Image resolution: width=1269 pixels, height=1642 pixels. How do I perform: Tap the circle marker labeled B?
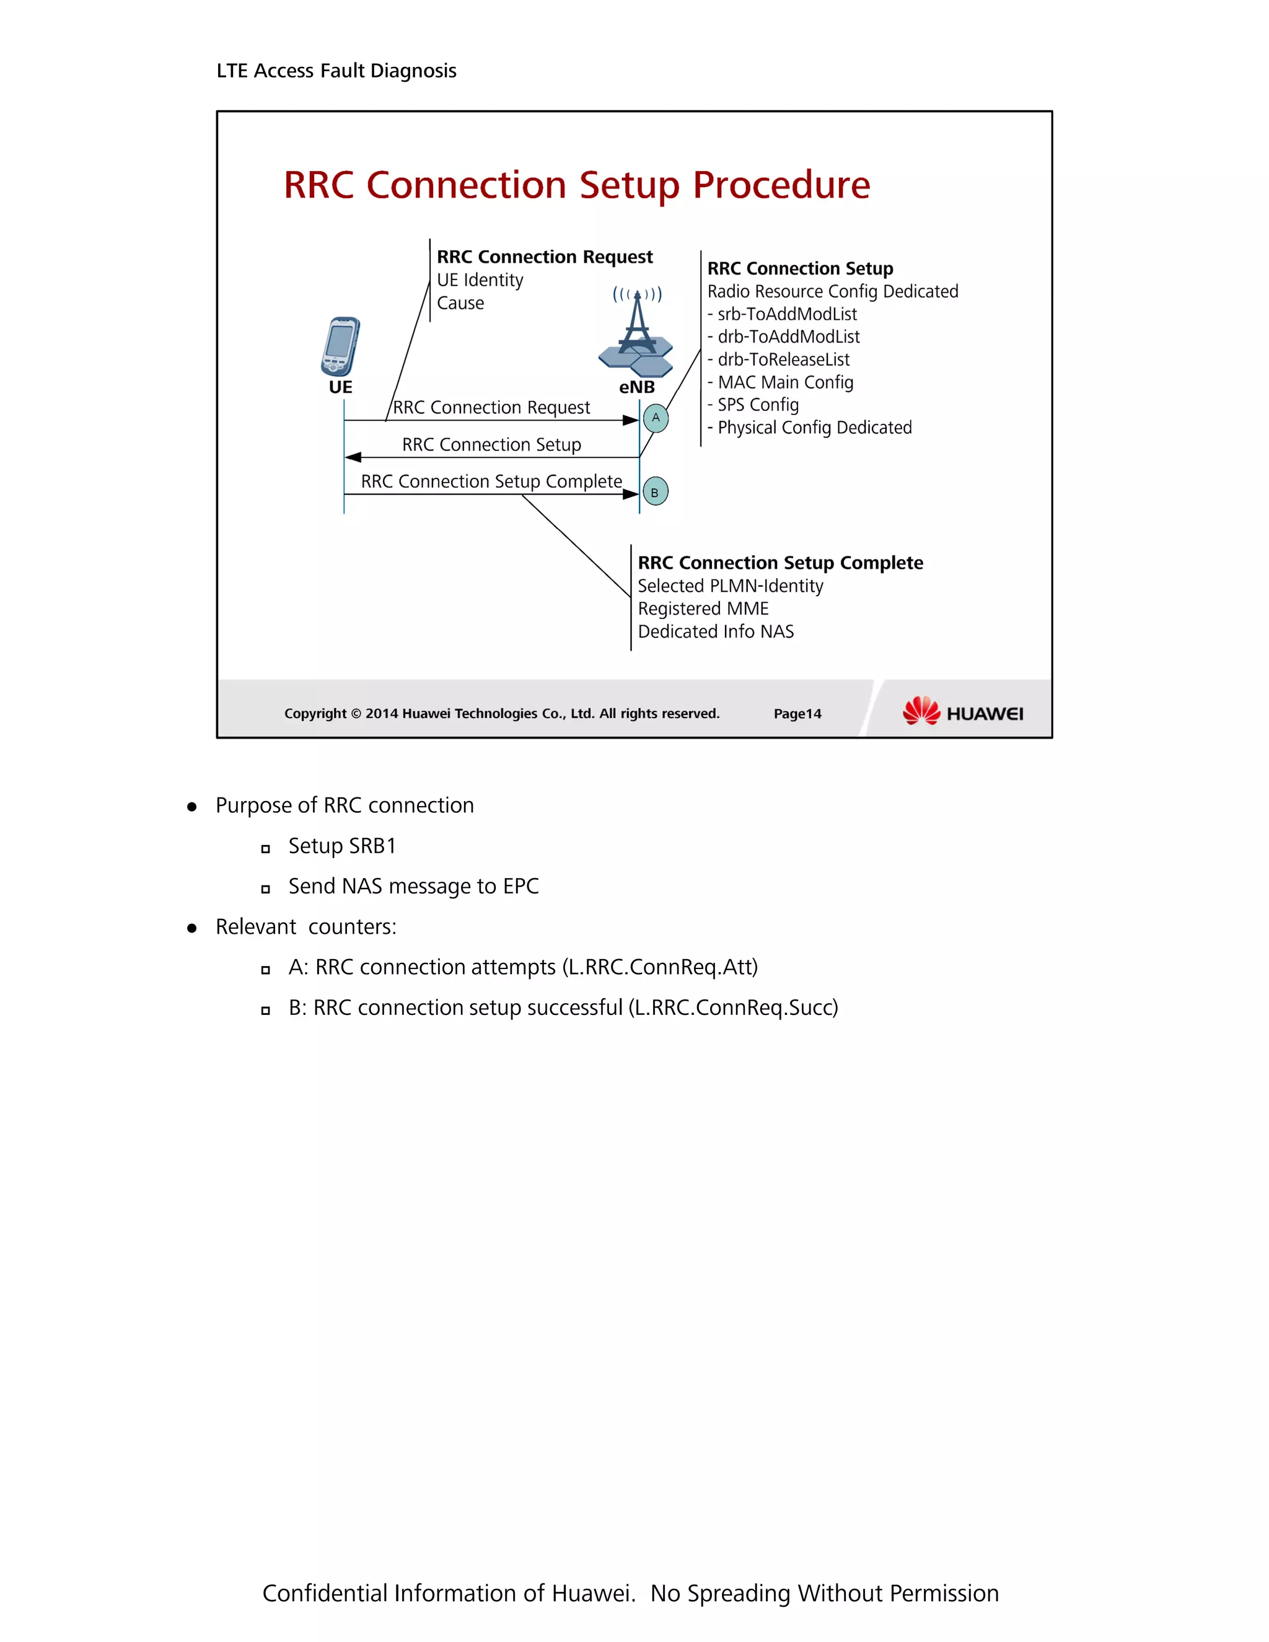click(655, 492)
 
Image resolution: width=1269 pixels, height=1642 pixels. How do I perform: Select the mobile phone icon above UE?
click(341, 346)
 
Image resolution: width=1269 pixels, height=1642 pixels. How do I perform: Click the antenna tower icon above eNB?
click(636, 332)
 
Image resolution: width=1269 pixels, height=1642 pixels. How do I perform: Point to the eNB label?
click(637, 387)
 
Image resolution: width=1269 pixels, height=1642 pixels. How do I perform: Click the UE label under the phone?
click(341, 387)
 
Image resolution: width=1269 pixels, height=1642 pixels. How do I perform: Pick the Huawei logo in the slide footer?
click(962, 711)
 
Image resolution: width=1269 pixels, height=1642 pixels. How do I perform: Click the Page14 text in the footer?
click(797, 713)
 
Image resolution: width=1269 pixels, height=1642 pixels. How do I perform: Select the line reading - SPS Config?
click(753, 405)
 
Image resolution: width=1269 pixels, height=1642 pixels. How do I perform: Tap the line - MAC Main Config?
click(780, 383)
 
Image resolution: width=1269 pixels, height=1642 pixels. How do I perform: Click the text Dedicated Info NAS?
click(716, 631)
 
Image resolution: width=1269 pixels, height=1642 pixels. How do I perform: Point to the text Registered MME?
click(703, 609)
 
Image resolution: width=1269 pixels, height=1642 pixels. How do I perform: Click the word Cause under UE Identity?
click(460, 303)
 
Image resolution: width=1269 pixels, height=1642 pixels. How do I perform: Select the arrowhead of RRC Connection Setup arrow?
click(353, 457)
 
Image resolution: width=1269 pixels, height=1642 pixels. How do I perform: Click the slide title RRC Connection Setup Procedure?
click(577, 185)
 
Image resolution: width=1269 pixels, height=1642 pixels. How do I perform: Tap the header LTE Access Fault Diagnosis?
click(336, 71)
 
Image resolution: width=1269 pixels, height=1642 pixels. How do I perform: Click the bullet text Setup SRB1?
click(342, 846)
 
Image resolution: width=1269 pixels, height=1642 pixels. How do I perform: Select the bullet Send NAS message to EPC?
click(413, 887)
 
